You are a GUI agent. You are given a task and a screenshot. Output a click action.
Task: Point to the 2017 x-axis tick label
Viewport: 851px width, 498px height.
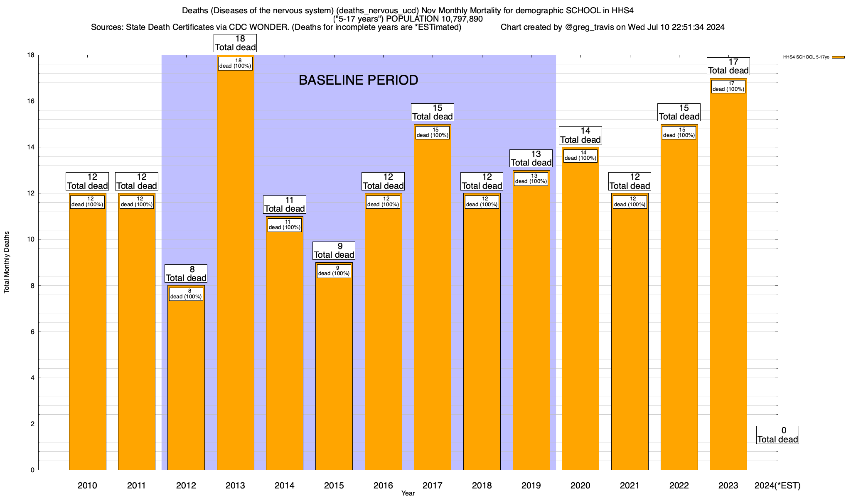pos(433,485)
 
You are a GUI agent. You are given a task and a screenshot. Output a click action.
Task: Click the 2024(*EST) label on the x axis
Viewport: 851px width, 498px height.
pos(777,485)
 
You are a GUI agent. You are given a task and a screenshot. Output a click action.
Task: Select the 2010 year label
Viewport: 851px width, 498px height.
pos(87,485)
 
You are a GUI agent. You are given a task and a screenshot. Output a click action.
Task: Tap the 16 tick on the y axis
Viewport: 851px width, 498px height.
pos(31,101)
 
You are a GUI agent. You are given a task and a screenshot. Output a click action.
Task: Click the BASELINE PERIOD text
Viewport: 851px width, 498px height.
pos(358,80)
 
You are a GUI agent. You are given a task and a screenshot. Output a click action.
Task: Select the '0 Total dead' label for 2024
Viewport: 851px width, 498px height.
pos(777,435)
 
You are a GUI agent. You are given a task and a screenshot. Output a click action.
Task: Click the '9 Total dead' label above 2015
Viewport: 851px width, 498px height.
pos(334,251)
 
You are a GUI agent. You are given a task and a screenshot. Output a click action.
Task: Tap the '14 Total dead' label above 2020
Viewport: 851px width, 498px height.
pos(580,135)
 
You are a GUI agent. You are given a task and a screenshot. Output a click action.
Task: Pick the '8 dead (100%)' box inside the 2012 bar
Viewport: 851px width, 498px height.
pos(186,294)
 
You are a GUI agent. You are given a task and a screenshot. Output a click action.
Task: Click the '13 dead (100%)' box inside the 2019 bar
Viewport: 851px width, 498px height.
pos(531,178)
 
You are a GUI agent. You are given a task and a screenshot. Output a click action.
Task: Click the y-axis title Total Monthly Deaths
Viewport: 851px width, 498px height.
pos(7,262)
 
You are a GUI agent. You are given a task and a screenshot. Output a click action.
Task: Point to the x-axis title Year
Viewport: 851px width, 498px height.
pos(408,493)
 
